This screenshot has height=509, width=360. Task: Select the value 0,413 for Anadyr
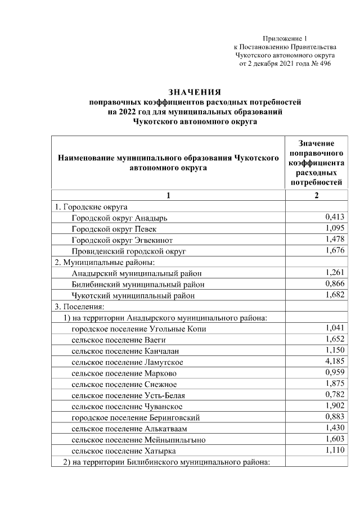point(335,217)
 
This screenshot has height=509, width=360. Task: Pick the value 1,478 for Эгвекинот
point(335,240)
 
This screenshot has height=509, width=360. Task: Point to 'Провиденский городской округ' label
point(128,251)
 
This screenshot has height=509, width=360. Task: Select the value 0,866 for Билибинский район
point(335,284)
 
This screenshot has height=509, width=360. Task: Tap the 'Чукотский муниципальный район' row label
point(134,295)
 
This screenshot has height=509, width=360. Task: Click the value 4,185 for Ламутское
point(335,362)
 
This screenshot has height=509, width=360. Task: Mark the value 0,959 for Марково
point(335,373)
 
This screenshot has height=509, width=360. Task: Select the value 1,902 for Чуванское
point(335,406)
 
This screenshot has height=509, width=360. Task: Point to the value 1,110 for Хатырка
point(335,451)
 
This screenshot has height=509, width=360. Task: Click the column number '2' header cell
point(317,195)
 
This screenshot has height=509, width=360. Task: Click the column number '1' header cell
point(168,195)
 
